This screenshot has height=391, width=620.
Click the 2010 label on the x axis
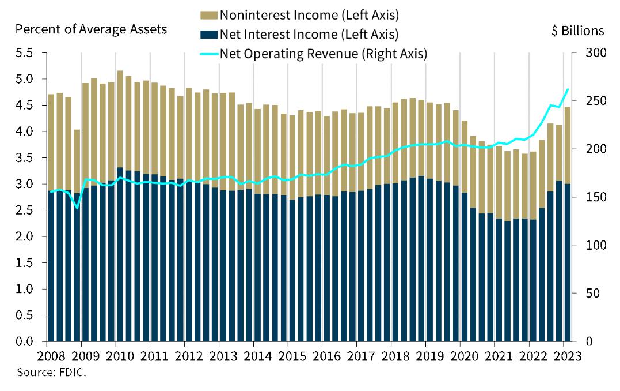116,355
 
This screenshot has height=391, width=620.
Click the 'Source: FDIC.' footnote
51,372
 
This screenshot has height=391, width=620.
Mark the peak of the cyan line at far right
568,89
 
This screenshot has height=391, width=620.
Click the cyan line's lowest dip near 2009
77,208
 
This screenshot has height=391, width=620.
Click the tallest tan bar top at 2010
120,72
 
